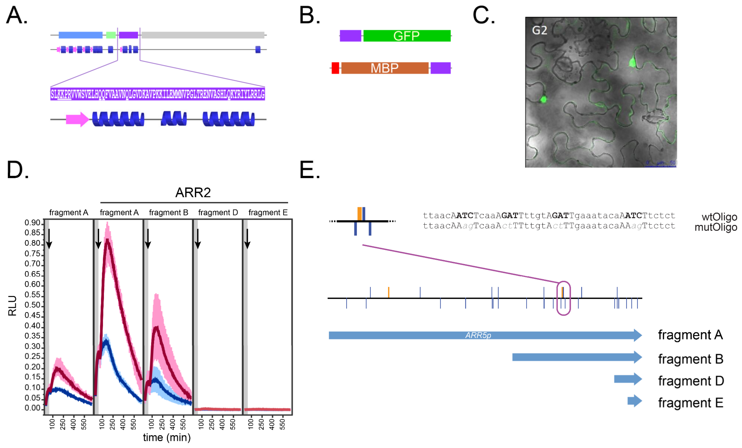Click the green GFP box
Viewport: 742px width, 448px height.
pyautogui.click(x=407, y=35)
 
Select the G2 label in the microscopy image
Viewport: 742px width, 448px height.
pyautogui.click(x=539, y=30)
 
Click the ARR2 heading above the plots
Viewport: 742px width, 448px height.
pyautogui.click(x=193, y=192)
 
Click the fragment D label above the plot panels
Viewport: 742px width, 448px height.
pyautogui.click(x=218, y=213)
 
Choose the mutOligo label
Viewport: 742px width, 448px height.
pyautogui.click(x=715, y=227)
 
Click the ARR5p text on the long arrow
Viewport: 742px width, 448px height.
pyautogui.click(x=478, y=335)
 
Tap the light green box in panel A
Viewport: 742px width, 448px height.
pyautogui.click(x=111, y=35)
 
